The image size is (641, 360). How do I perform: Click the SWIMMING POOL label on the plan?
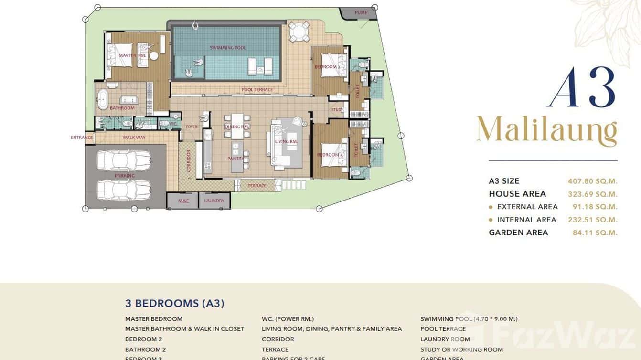228,48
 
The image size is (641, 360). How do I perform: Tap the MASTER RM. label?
132,56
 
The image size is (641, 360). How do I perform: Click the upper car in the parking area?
124,160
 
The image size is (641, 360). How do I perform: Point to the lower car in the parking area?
124,190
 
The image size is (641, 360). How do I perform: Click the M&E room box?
182,201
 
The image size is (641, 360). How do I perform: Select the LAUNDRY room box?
214,201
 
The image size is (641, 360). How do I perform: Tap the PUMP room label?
361,12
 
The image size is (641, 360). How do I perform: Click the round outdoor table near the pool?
299,32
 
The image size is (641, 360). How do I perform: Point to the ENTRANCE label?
82,138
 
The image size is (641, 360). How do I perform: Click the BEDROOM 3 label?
329,155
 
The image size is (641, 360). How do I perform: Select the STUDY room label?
337,110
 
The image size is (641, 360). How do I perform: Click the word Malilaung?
546,131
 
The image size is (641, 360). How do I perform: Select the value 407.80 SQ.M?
592,181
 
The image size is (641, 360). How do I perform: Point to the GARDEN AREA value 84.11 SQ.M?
595,233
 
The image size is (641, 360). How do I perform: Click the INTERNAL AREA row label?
526,220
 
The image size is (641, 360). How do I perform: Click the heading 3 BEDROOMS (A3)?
175,303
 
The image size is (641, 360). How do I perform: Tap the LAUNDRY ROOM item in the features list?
445,339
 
